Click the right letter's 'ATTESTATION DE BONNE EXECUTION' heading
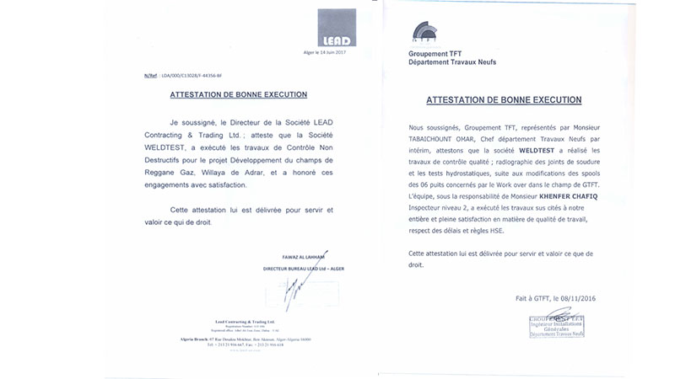(504, 99)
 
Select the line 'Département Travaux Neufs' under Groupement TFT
(452, 63)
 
